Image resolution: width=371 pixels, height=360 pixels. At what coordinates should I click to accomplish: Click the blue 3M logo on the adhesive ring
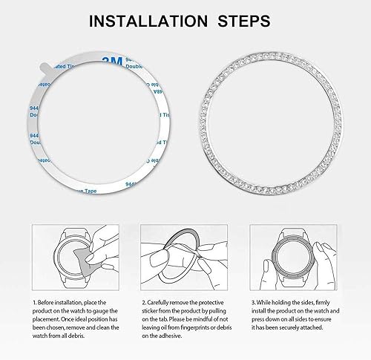click(111, 59)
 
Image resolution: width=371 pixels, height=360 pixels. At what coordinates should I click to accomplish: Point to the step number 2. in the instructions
click(145, 303)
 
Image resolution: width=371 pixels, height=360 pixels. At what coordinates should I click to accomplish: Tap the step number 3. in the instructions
click(253, 303)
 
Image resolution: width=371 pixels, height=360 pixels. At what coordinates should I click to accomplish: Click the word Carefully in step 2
click(165, 303)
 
